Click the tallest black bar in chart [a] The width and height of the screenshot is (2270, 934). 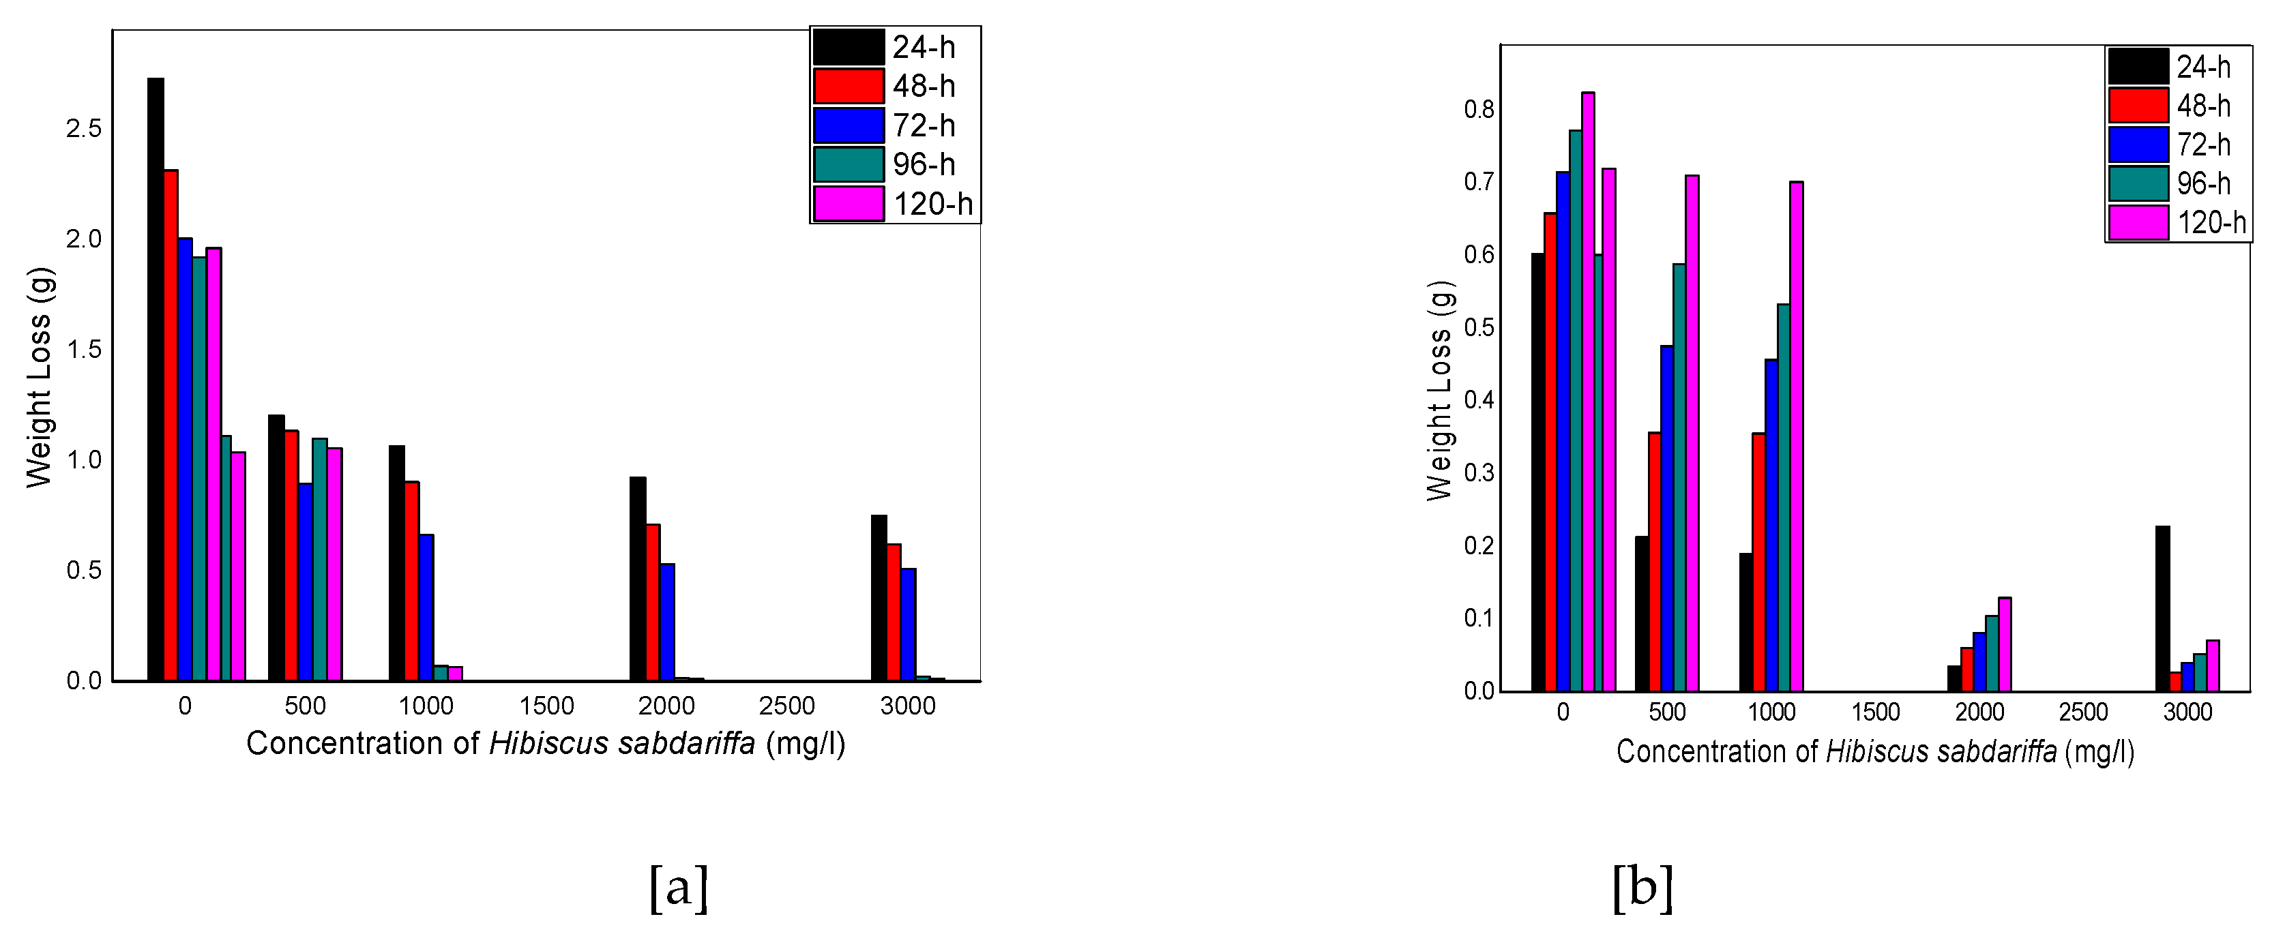click(x=155, y=379)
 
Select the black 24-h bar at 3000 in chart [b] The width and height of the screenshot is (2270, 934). click(x=2162, y=608)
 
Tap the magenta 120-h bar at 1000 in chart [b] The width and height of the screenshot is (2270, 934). click(x=1796, y=436)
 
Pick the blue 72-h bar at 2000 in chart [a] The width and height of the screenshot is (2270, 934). click(x=667, y=622)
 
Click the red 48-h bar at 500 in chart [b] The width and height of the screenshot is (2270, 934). click(x=1654, y=561)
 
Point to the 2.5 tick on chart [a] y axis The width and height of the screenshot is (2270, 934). click(x=84, y=129)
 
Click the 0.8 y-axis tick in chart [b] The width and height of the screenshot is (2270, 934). click(x=1479, y=109)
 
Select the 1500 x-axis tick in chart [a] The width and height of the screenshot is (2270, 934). click(x=546, y=706)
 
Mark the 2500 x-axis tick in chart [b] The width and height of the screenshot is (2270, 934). click(x=2083, y=712)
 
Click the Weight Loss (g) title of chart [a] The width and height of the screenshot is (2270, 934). click(x=39, y=377)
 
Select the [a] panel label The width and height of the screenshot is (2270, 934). click(x=679, y=888)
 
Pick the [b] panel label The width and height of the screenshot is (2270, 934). click(x=1642, y=888)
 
